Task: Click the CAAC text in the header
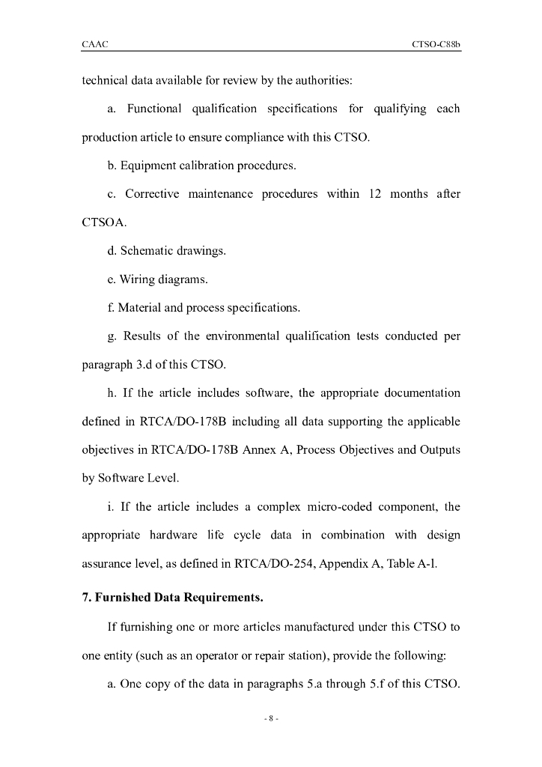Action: pyautogui.click(x=95, y=45)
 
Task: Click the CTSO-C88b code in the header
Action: pyautogui.click(x=436, y=45)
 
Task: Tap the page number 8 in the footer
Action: pyautogui.click(x=271, y=719)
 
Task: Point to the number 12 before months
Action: pyautogui.click(x=376, y=194)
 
